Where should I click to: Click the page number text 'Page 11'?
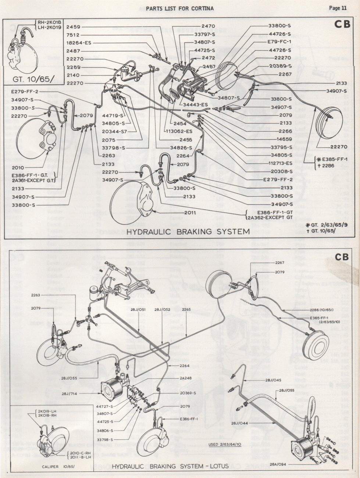(x=338, y=8)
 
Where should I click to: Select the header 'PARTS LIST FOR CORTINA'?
(x=180, y=8)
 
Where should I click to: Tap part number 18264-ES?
(x=79, y=43)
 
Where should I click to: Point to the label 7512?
(x=73, y=35)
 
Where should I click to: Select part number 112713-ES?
(x=280, y=163)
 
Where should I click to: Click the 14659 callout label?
(x=285, y=139)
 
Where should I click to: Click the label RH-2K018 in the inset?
(x=48, y=22)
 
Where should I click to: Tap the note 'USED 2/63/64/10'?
(x=224, y=444)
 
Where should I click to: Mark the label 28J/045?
(x=273, y=380)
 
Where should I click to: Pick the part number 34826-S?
(x=181, y=148)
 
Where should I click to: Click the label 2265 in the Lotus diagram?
(x=186, y=309)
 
